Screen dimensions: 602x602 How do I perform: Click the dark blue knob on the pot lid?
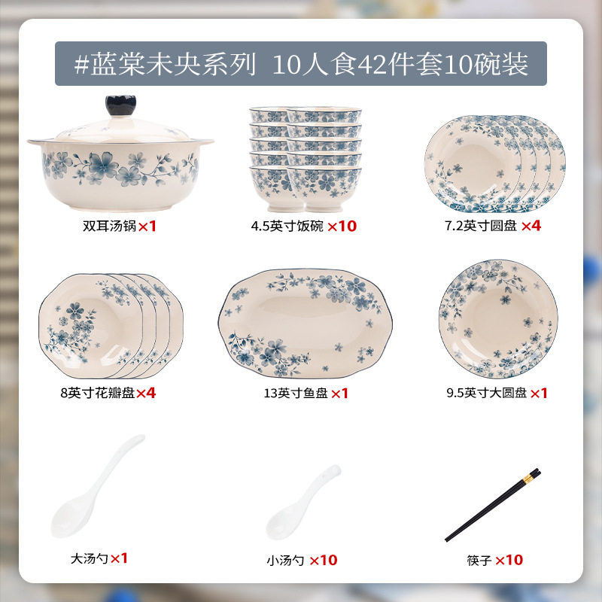click(121, 105)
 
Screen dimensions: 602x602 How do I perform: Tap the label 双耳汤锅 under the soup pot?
click(109, 226)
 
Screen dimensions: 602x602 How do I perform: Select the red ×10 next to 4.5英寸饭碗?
click(342, 227)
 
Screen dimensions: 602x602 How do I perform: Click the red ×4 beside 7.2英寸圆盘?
click(531, 226)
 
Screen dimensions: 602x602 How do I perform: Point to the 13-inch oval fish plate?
click(306, 323)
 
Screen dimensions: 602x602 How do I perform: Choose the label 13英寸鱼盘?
click(296, 393)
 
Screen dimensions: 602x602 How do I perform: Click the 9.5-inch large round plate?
click(498, 318)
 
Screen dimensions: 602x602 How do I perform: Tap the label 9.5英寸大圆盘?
click(486, 393)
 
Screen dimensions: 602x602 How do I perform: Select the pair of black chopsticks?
click(493, 505)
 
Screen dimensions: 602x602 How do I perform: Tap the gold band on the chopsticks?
click(529, 479)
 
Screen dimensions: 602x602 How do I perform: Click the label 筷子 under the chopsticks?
click(479, 560)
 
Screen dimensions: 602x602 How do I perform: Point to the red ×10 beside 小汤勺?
click(324, 560)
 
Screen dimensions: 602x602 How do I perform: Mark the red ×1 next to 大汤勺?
click(119, 558)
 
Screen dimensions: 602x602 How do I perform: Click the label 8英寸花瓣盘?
click(98, 393)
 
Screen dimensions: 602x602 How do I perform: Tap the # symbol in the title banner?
click(81, 64)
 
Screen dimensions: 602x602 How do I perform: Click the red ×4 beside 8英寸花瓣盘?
click(146, 393)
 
